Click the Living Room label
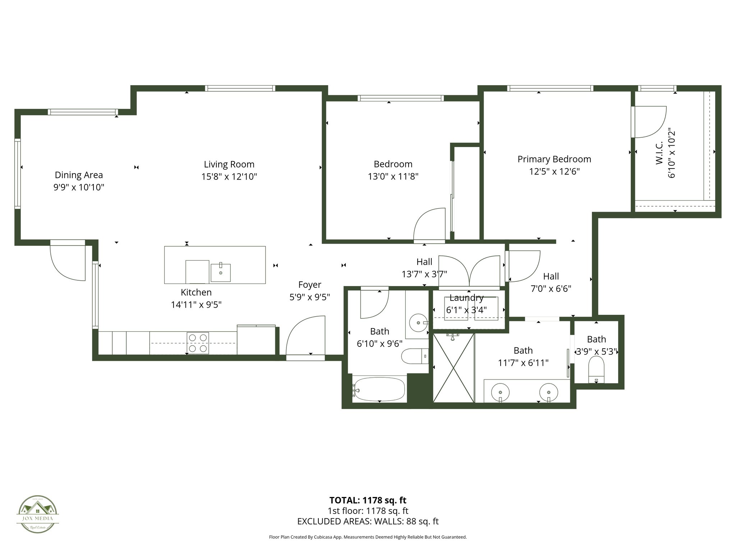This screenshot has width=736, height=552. (x=229, y=164)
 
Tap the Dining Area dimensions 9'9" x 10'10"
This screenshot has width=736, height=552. (x=79, y=187)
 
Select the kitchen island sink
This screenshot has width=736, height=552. (x=220, y=272)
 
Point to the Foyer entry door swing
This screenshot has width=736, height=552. (x=305, y=336)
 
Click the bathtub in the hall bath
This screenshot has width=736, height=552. (x=379, y=389)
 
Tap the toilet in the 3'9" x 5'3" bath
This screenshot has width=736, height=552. (x=596, y=369)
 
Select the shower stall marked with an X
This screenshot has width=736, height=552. (x=454, y=368)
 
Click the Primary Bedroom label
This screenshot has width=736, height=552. (x=554, y=159)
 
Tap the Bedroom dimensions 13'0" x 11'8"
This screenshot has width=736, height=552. (x=393, y=176)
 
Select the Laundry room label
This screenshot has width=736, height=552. (x=466, y=298)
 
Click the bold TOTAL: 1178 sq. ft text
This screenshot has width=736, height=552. (x=368, y=500)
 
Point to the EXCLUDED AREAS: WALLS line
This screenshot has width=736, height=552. (x=368, y=521)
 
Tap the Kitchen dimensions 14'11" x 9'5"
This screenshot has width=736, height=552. (x=196, y=305)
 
